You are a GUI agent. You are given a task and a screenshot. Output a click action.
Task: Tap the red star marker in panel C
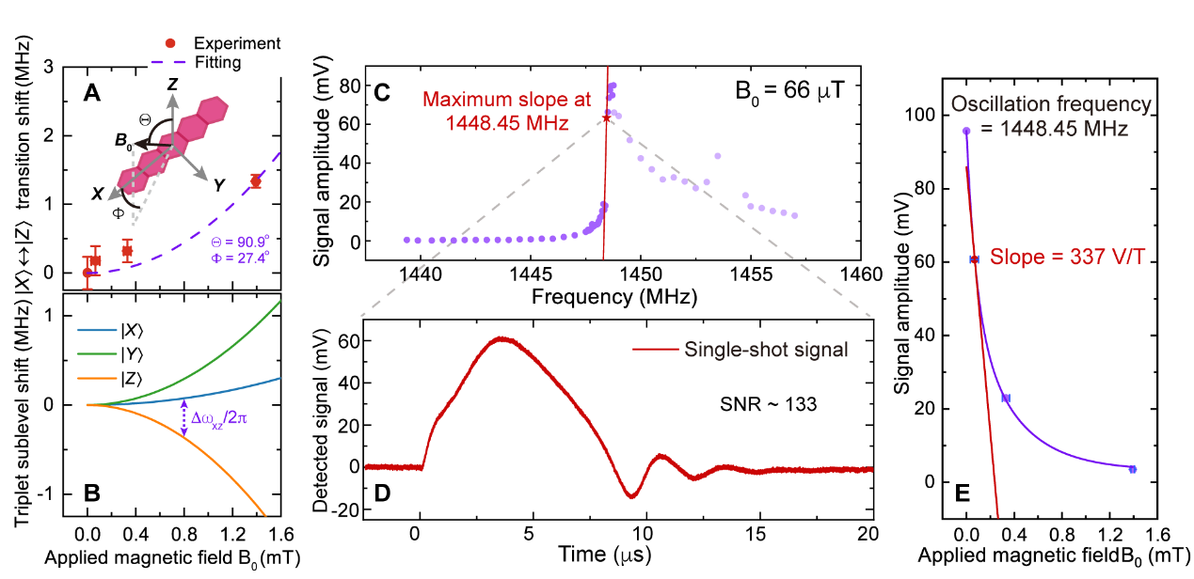point(606,117)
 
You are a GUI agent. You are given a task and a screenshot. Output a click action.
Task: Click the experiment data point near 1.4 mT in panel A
point(255,180)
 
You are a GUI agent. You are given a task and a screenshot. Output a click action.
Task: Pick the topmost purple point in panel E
point(966,132)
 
